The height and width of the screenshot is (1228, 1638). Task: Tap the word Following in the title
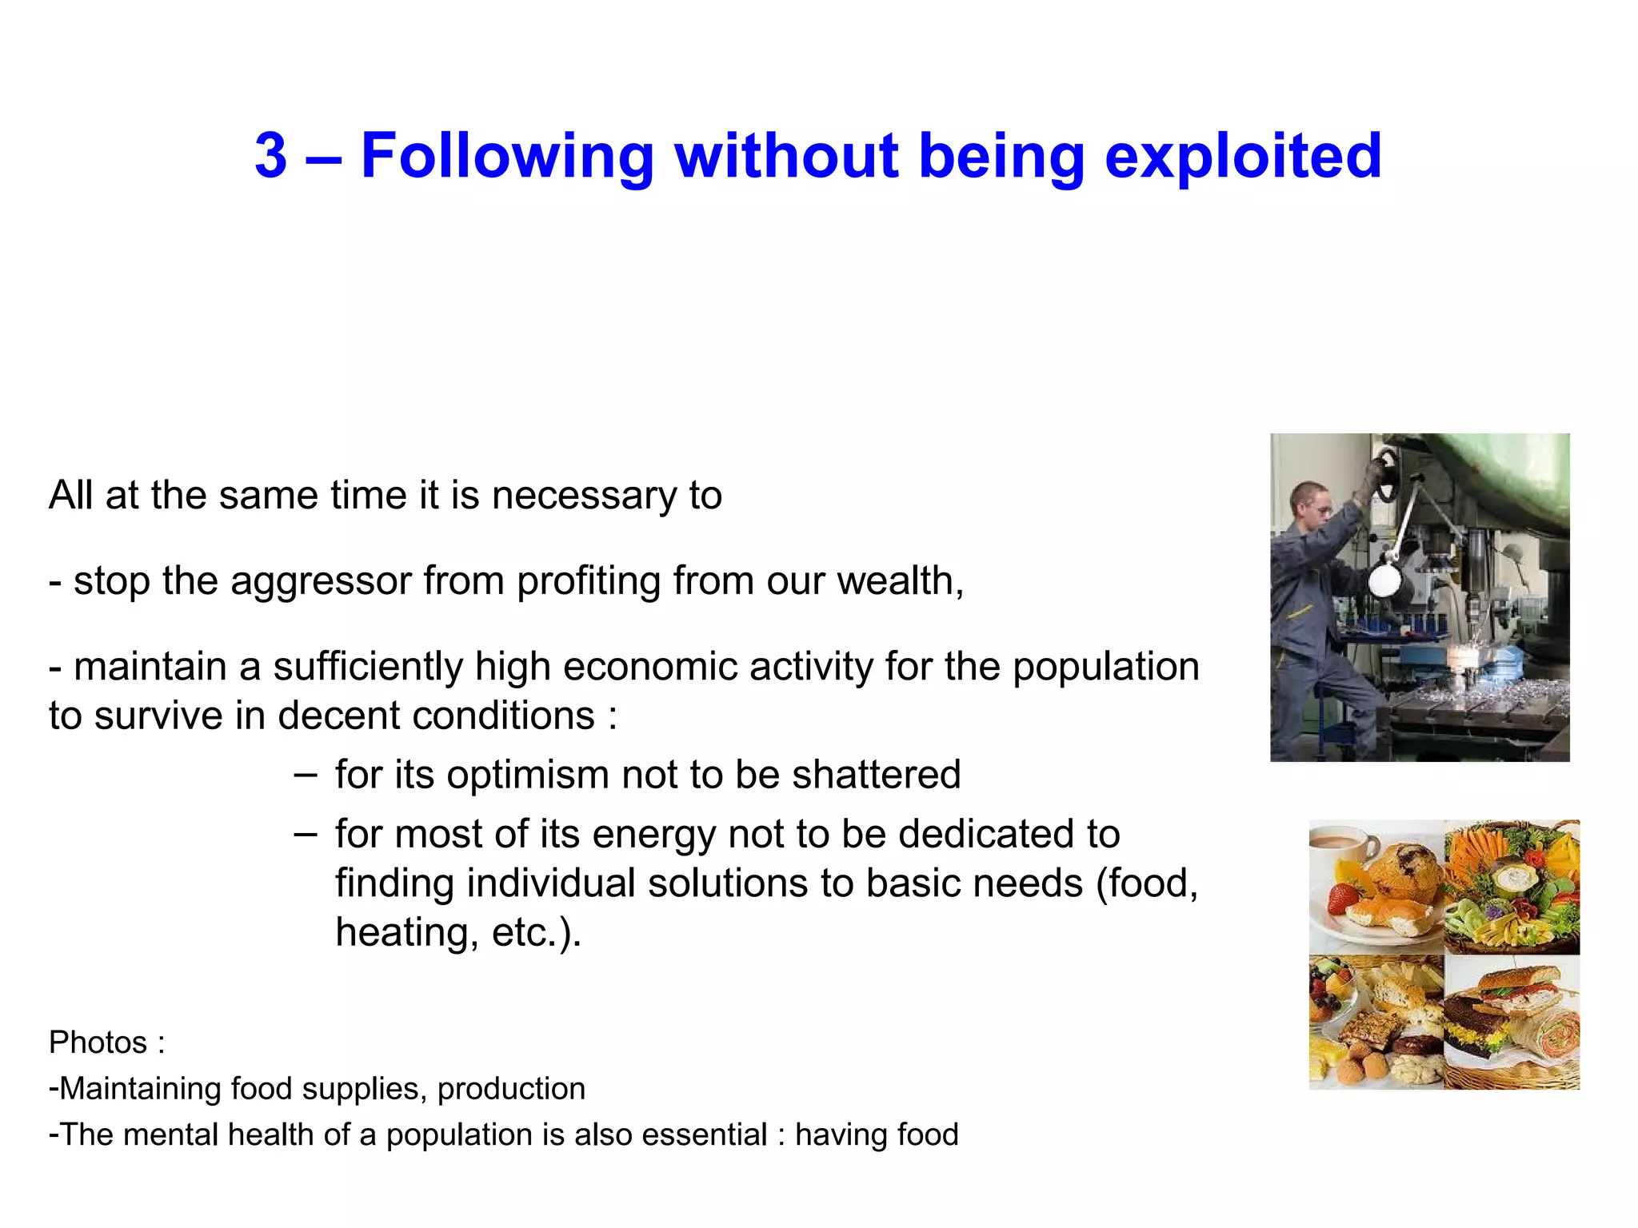pyautogui.click(x=507, y=157)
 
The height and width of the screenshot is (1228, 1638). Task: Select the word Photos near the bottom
pyautogui.click(x=98, y=1043)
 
